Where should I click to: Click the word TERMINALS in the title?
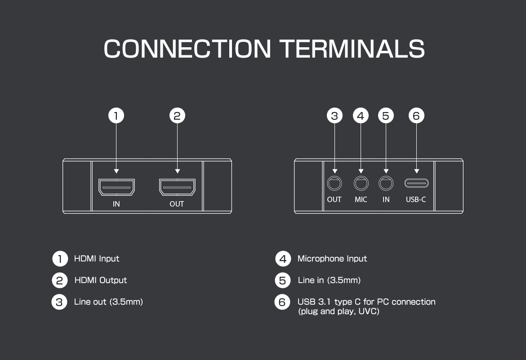pyautogui.click(x=352, y=49)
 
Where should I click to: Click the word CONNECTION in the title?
pyautogui.click(x=187, y=49)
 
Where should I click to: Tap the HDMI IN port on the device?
pyautogui.click(x=116, y=187)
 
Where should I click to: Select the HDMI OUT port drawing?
pyautogui.click(x=177, y=187)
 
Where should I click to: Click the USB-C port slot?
pyautogui.click(x=416, y=183)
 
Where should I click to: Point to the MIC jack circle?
pyautogui.click(x=361, y=183)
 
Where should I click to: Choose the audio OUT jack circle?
pyautogui.click(x=334, y=183)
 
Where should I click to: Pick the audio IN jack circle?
pyautogui.click(x=386, y=183)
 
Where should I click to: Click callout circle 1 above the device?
pyautogui.click(x=116, y=116)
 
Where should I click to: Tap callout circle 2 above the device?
pyautogui.click(x=177, y=116)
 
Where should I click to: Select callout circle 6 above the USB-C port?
pyautogui.click(x=416, y=116)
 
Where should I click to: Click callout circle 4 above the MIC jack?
pyautogui.click(x=361, y=116)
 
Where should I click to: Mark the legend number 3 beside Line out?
pyautogui.click(x=59, y=302)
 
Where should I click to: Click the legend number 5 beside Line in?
pyautogui.click(x=282, y=280)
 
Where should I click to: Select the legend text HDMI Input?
pyautogui.click(x=97, y=259)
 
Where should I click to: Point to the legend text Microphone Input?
pyautogui.click(x=332, y=259)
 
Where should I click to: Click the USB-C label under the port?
pyautogui.click(x=416, y=199)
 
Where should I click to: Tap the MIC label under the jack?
pyautogui.click(x=361, y=199)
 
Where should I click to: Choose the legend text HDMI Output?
pyautogui.click(x=101, y=280)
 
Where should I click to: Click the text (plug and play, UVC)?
pyautogui.click(x=339, y=311)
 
